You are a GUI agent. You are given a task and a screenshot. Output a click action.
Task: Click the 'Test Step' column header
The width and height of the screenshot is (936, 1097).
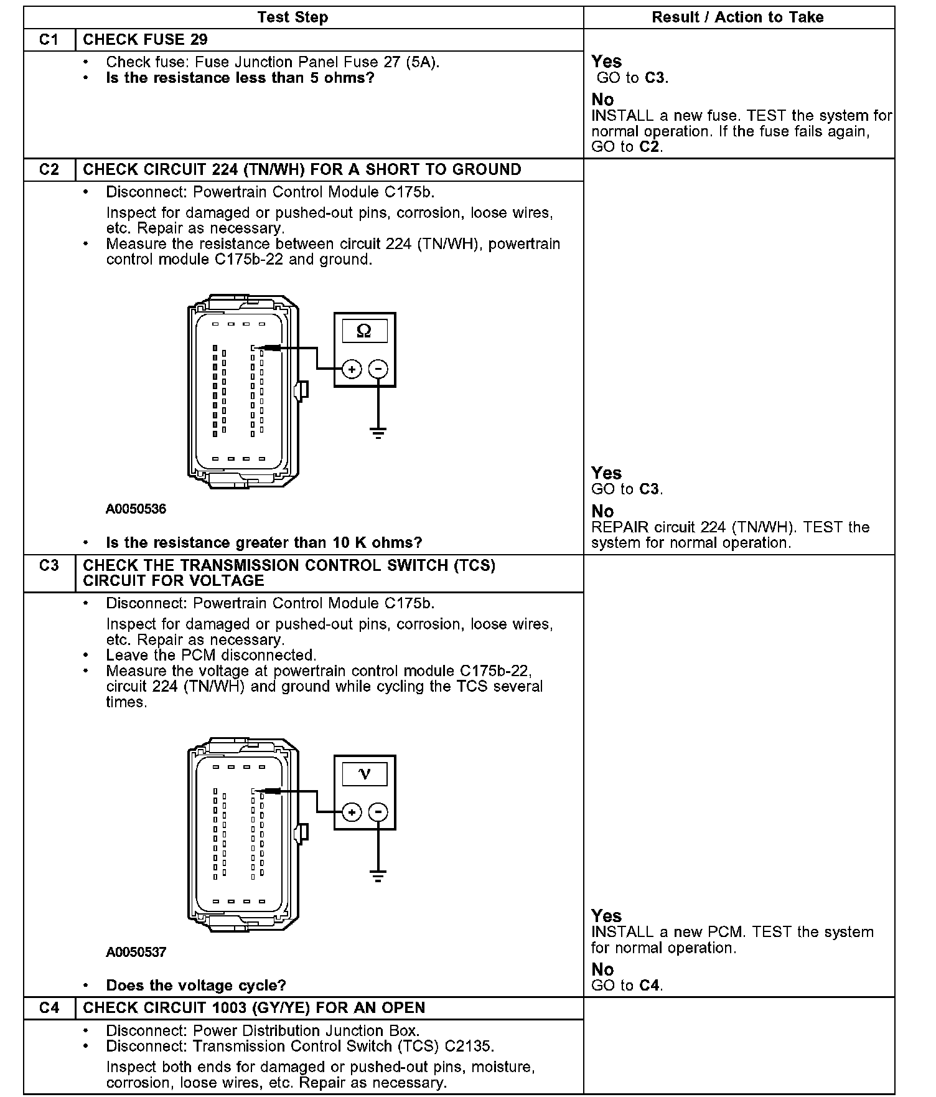pos(292,17)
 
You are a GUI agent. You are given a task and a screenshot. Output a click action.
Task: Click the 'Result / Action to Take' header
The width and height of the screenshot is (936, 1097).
pos(737,17)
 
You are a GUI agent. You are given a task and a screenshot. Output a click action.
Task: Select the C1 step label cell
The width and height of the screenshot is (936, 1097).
pos(49,40)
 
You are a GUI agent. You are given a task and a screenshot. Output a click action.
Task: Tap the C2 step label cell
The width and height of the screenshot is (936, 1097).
pos(49,169)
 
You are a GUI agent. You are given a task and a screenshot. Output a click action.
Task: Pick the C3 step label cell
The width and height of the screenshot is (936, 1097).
pos(49,565)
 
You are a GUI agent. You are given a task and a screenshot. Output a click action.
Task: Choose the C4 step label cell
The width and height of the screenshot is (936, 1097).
pos(49,1007)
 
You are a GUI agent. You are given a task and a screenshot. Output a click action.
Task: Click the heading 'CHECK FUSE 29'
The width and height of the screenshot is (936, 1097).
pos(145,40)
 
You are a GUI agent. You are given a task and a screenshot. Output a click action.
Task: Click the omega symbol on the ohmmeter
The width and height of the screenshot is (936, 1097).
pos(364,331)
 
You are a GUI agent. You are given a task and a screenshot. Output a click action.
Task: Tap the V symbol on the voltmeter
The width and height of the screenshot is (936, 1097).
pos(365,774)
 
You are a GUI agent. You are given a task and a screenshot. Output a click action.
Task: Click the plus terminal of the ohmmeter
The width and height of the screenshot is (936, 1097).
pos(352,369)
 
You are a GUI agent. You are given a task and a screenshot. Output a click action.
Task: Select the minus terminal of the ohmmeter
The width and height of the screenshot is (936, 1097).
pos(378,369)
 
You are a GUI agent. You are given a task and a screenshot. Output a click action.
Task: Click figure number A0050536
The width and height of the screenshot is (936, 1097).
pos(136,509)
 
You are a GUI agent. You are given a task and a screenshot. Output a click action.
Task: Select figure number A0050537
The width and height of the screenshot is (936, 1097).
pos(136,952)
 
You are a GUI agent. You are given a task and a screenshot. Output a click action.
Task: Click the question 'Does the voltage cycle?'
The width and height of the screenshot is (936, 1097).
pos(196,986)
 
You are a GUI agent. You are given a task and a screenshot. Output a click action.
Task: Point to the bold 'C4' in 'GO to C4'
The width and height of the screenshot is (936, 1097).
pos(651,986)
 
